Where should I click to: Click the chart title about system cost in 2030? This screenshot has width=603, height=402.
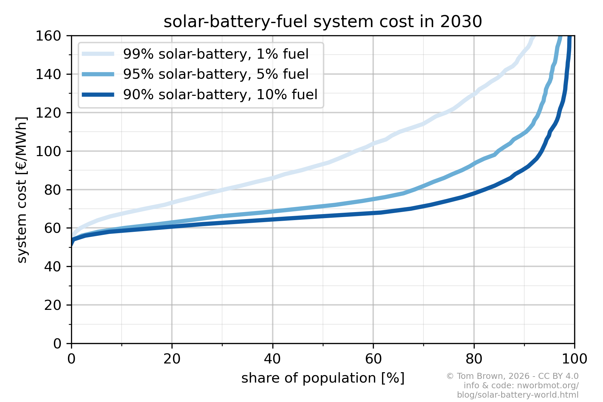tap(323, 22)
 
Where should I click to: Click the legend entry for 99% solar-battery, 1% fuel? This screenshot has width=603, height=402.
tap(216, 54)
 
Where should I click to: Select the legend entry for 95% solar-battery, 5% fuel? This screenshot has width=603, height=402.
tap(216, 74)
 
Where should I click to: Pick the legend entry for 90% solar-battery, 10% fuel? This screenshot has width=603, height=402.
tap(220, 94)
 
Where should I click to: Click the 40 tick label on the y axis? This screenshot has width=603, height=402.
tap(53, 267)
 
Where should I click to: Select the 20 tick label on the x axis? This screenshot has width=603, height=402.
tap(172, 359)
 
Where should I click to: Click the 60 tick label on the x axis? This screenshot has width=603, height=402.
tap(373, 359)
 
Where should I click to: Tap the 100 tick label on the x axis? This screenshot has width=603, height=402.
tap(574, 359)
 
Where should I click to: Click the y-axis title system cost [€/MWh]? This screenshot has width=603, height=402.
tap(22, 190)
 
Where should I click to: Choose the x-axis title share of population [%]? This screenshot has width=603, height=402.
tap(323, 378)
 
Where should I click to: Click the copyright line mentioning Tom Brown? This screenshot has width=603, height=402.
tap(512, 376)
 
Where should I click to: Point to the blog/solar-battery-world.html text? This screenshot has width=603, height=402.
tap(518, 395)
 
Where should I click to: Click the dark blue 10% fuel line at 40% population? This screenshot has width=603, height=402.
tap(272, 219)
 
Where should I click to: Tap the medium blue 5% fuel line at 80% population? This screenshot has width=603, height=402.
tap(474, 163)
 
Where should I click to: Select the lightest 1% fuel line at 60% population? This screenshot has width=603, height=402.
tap(373, 143)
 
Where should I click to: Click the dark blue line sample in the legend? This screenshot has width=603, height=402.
tap(98, 94)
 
